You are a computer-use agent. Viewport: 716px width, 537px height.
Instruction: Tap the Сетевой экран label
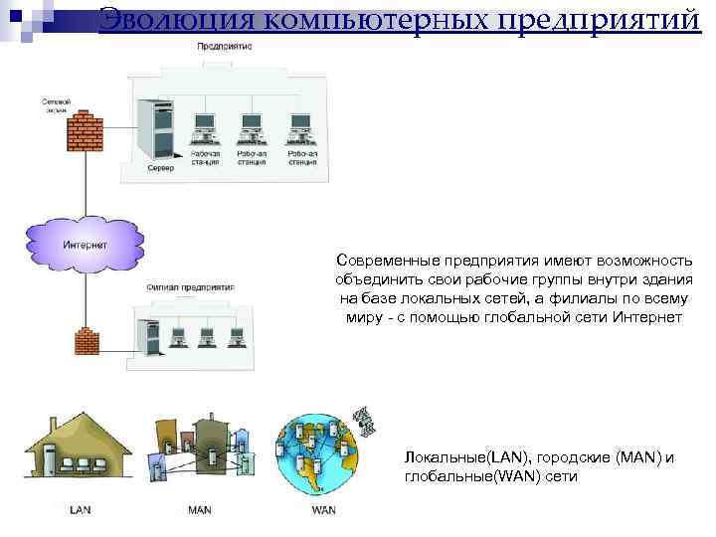click(x=56, y=104)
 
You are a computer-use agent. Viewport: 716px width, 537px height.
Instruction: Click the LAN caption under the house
click(x=81, y=510)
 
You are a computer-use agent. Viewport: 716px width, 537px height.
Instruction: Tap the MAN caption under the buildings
click(x=199, y=510)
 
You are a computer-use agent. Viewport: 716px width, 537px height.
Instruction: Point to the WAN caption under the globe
click(x=323, y=510)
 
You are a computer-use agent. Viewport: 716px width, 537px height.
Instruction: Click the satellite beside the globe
click(x=366, y=421)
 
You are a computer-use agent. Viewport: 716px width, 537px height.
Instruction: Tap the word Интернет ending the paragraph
click(x=647, y=316)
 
